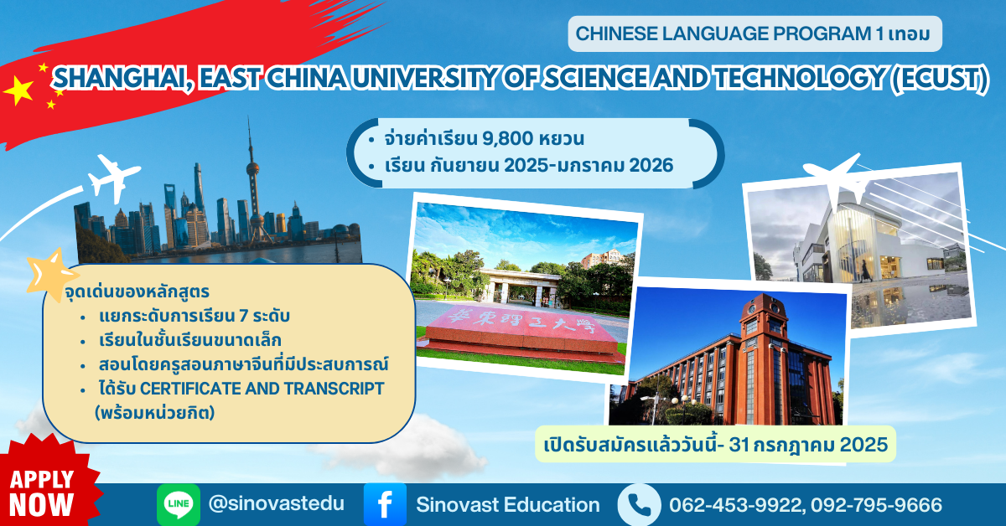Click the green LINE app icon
point(179,504)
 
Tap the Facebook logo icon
point(385,504)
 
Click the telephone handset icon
point(639,504)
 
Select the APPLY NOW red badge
point(45,485)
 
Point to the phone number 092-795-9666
point(876,505)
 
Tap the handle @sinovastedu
point(276,503)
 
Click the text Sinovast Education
point(508,504)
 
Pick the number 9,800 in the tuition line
point(507,138)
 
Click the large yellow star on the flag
point(18,90)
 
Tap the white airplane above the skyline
point(114,178)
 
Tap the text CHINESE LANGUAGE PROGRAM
point(723,34)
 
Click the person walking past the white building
point(864,271)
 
